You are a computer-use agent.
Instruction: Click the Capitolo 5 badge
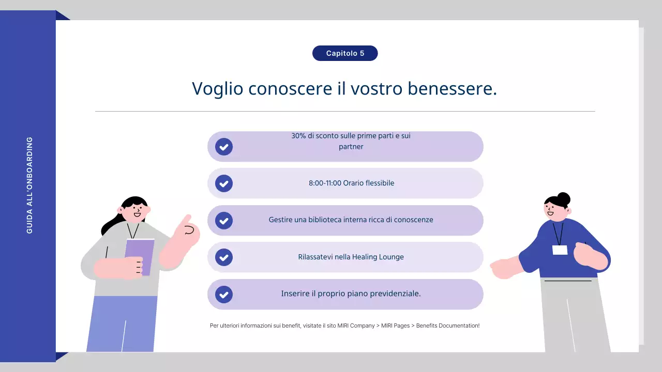pos(345,53)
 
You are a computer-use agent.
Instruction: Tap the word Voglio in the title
pos(217,89)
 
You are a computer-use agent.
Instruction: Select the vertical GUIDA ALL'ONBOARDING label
pos(29,185)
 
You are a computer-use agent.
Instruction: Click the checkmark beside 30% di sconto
pos(224,147)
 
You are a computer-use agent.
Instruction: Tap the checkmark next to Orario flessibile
pos(224,183)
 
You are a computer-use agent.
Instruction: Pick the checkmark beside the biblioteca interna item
pos(224,221)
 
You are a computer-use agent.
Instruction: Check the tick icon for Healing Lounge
pos(224,257)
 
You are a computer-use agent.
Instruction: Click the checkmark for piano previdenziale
pos(224,295)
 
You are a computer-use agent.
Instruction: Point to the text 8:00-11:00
pos(324,183)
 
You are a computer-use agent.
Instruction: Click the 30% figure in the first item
pos(298,136)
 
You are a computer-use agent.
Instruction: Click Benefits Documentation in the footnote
pos(447,326)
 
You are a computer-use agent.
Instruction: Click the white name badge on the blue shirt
pos(560,250)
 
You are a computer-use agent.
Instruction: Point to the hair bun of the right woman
pos(563,198)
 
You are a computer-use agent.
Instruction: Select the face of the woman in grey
pos(134,211)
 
